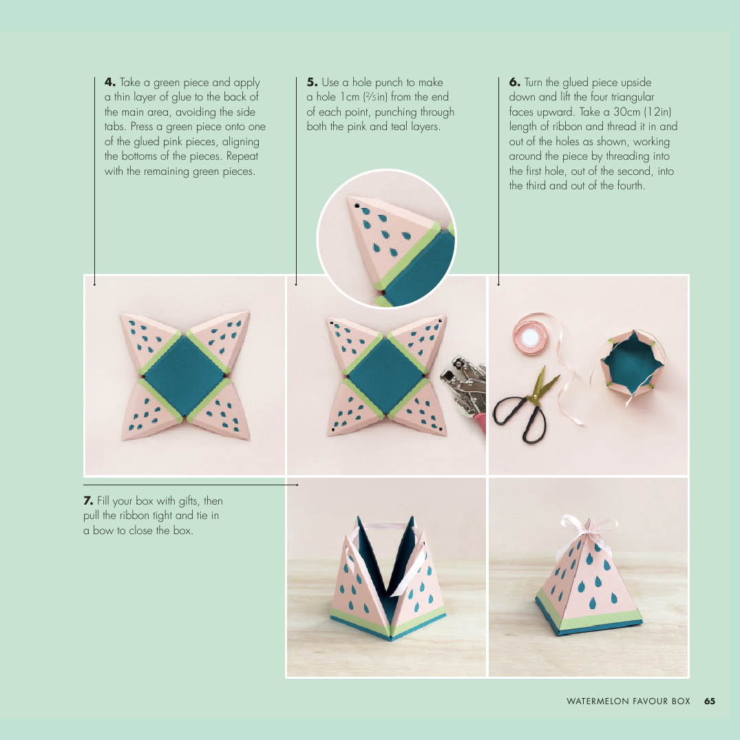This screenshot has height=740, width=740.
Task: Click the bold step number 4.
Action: pyautogui.click(x=110, y=82)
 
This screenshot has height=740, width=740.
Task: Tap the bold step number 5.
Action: pyautogui.click(x=312, y=82)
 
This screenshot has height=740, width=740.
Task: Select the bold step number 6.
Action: pyautogui.click(x=514, y=82)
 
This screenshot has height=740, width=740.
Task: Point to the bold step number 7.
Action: pyautogui.click(x=88, y=500)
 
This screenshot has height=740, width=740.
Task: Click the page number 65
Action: pyautogui.click(x=709, y=701)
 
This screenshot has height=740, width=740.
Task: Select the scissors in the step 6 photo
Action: pyautogui.click(x=526, y=404)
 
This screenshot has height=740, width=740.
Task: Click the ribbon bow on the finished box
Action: pyautogui.click(x=589, y=527)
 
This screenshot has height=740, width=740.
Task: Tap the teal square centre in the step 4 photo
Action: pyautogui.click(x=184, y=376)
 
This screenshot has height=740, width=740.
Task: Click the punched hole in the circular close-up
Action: pyautogui.click(x=357, y=207)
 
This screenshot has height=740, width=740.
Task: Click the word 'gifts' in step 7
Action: pyautogui.click(x=188, y=500)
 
